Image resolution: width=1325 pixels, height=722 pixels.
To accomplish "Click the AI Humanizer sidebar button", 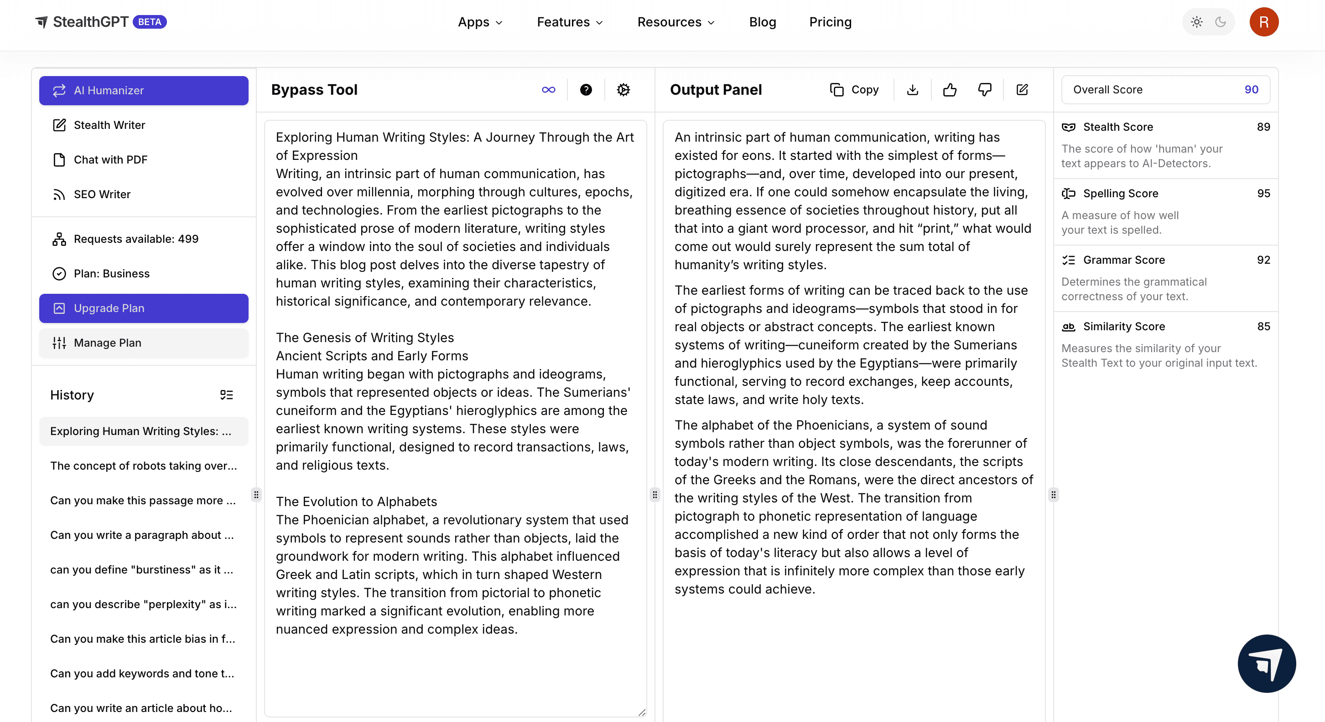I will coord(144,91).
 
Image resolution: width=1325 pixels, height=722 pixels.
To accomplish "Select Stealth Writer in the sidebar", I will coord(109,125).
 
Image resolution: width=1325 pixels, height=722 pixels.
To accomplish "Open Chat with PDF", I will coord(110,160).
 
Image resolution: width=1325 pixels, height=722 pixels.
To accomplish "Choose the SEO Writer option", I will coord(102,194).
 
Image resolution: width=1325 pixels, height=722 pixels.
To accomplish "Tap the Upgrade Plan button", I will coord(144,308).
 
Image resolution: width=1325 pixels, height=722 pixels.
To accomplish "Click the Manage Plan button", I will coord(144,343).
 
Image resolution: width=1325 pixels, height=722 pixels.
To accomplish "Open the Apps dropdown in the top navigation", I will coord(480,22).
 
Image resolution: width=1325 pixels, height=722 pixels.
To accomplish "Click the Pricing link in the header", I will coord(830,22).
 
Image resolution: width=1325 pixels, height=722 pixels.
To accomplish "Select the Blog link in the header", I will coord(762,22).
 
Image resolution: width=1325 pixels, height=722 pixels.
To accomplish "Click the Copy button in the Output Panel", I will coord(854,90).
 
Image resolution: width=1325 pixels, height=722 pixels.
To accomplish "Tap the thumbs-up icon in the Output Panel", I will coord(950,90).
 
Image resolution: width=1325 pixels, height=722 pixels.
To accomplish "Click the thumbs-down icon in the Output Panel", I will coord(984,90).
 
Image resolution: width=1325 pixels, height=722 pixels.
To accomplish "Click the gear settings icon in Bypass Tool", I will coord(624,90).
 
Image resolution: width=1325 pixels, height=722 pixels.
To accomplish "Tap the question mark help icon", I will coord(586,90).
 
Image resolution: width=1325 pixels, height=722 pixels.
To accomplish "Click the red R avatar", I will coord(1264,22).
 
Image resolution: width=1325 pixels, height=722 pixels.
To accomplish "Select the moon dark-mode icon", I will coord(1221,22).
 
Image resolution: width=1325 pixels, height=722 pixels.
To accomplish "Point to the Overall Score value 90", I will coord(1251,90).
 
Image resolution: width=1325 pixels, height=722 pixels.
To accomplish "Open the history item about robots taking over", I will coord(144,466).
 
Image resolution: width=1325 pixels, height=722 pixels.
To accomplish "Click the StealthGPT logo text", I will coord(90,22).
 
